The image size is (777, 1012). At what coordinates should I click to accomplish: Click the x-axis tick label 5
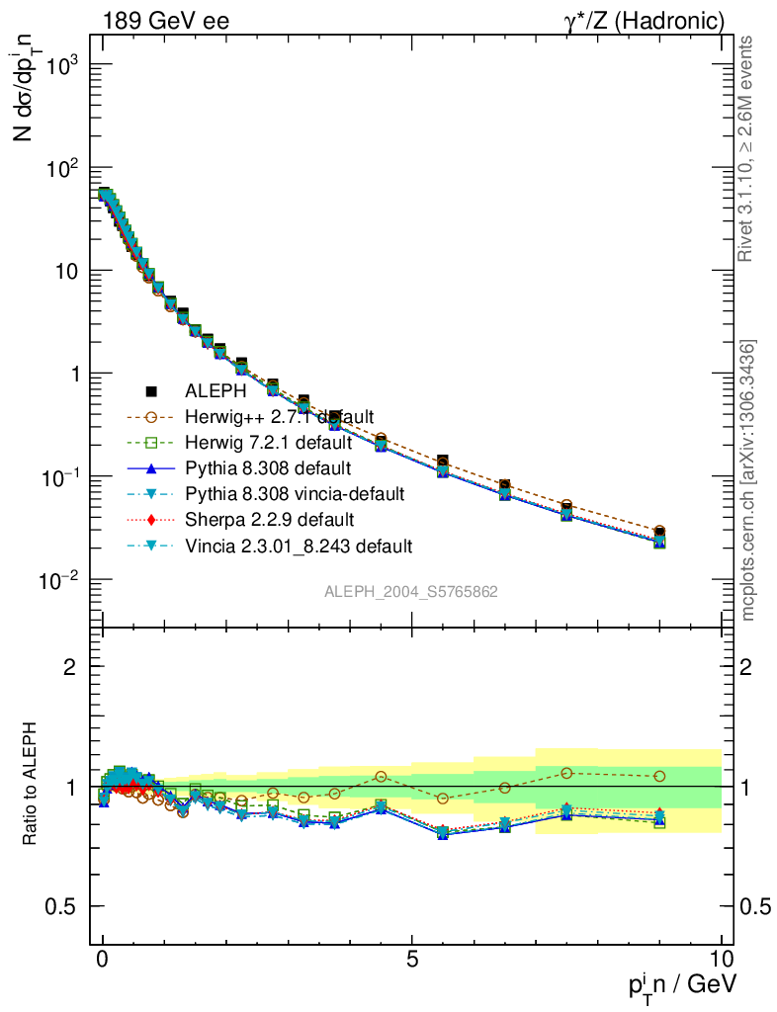coord(412,958)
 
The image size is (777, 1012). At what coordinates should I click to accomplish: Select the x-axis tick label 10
coord(721,958)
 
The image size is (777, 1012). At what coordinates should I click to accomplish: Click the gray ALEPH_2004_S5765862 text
coord(411,592)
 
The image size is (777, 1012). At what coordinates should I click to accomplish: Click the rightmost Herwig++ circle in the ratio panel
coord(659,776)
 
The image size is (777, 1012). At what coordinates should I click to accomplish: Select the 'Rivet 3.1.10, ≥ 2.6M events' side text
coord(748,148)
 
